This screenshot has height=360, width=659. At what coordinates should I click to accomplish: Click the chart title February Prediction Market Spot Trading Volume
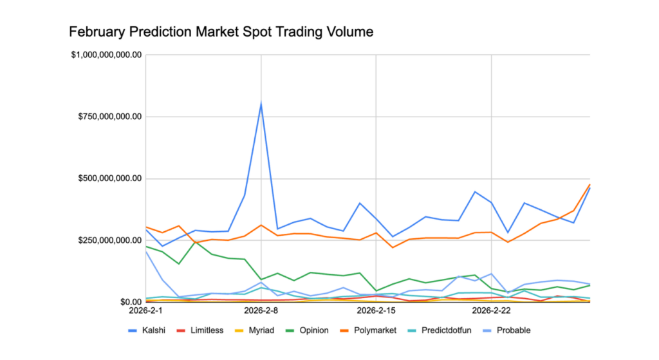click(221, 31)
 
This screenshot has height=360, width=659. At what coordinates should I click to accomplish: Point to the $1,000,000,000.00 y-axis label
click(106, 55)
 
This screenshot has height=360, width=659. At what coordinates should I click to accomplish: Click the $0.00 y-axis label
click(127, 302)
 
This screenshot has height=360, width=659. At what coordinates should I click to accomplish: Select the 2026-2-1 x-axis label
click(146, 311)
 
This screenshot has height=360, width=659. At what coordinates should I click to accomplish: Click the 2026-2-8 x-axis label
click(261, 311)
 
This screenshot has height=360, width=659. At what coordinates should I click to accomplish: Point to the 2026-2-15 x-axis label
click(376, 311)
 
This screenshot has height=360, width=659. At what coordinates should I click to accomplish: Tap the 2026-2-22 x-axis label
click(492, 311)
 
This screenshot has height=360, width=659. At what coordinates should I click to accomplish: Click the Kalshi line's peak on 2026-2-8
click(261, 103)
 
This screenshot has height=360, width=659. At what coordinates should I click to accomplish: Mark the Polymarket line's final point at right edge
click(589, 185)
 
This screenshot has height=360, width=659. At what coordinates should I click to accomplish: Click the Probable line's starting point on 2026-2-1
click(146, 251)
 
